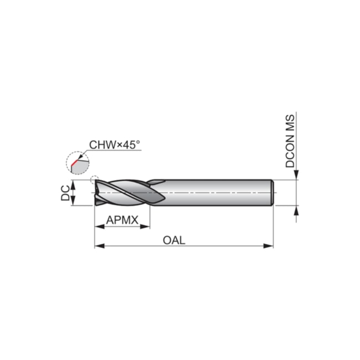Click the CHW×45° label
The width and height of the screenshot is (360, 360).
click(x=115, y=145)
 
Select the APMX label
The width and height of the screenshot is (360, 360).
click(x=122, y=220)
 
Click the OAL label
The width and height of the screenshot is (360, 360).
click(x=174, y=240)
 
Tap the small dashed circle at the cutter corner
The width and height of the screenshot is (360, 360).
click(x=94, y=181)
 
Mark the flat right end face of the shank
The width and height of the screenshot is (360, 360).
click(x=272, y=193)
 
